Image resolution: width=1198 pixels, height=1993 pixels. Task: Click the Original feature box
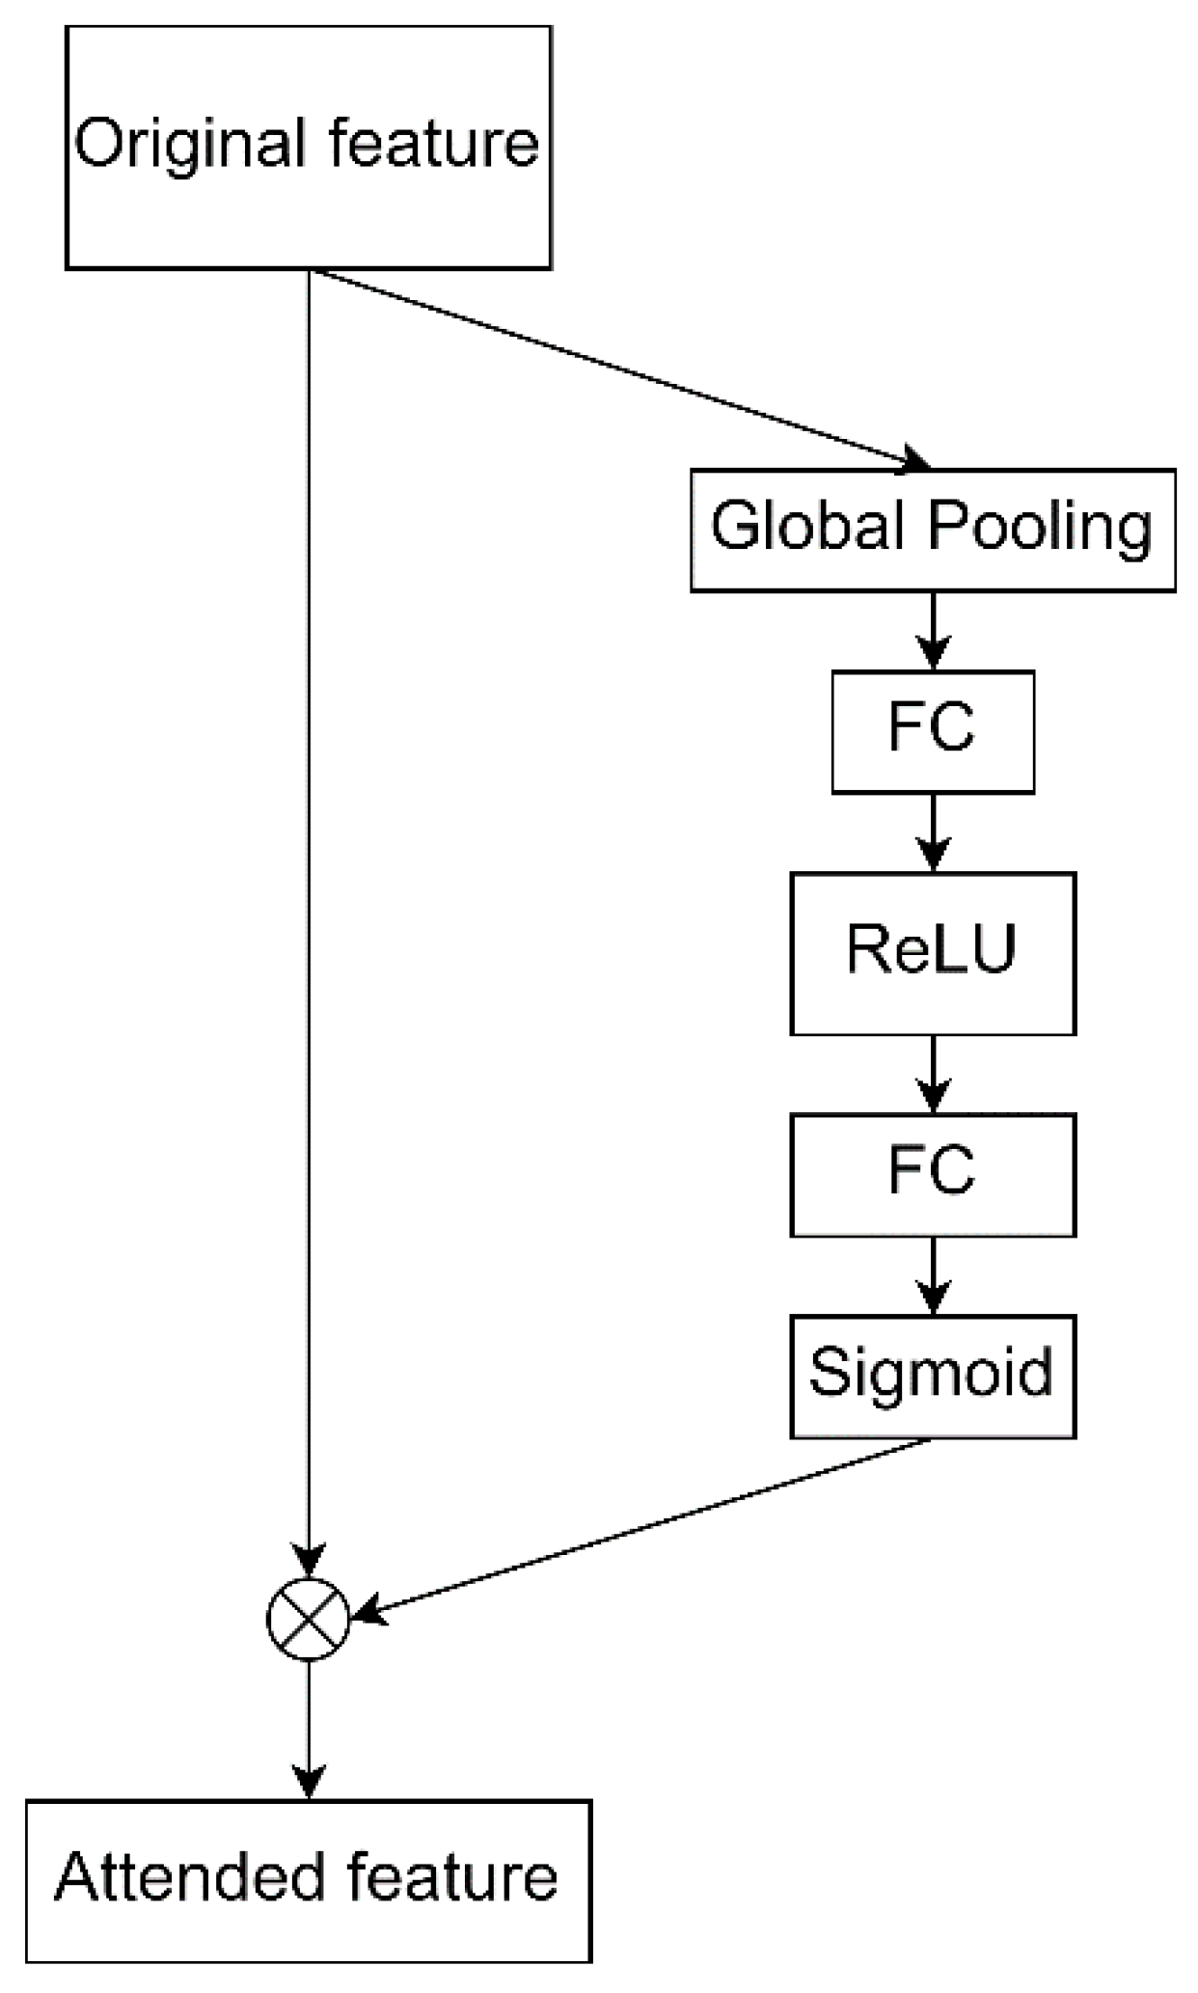tap(308, 147)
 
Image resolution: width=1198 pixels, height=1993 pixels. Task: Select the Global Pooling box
tap(932, 530)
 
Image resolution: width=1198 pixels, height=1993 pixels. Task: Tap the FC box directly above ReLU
tap(932, 731)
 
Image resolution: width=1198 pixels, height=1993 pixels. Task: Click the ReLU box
tap(932, 953)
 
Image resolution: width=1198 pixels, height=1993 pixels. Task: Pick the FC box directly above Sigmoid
tap(932, 1174)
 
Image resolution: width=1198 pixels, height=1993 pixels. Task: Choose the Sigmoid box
tap(932, 1376)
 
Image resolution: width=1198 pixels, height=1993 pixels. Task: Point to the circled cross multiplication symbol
tap(308, 1620)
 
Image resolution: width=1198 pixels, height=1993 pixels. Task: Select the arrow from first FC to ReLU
tap(933, 832)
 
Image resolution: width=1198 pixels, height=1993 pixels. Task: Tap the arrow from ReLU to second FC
tap(933, 1074)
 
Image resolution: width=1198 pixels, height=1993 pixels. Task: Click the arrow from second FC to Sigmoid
tap(933, 1274)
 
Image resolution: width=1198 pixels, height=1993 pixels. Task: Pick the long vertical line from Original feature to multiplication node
tap(308, 868)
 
